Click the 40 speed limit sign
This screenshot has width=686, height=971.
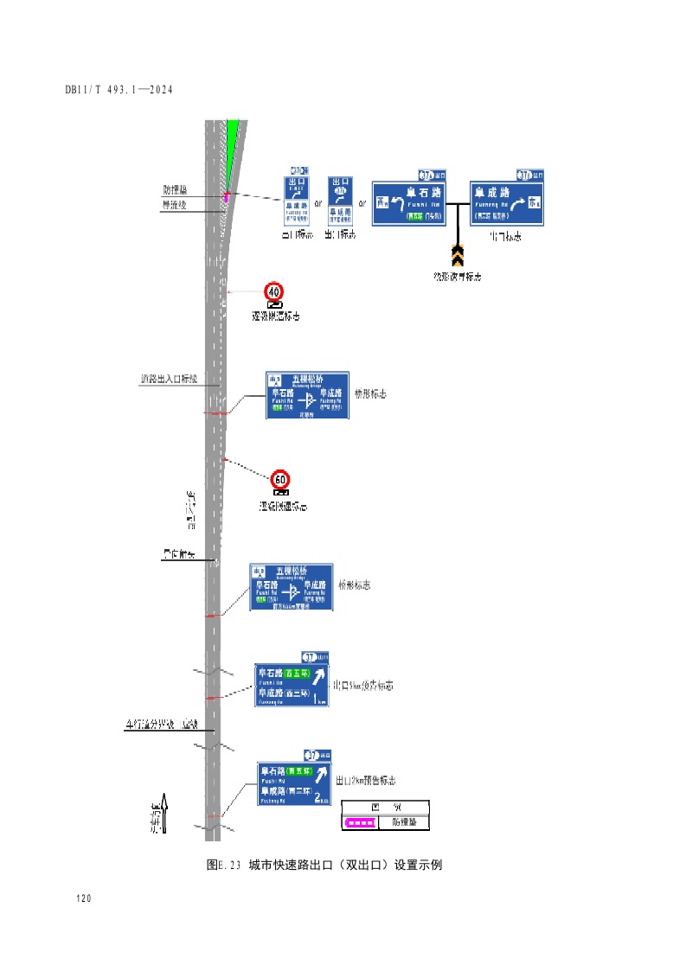click(274, 291)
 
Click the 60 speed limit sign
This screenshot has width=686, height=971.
click(280, 479)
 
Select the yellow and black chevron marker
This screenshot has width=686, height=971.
click(458, 255)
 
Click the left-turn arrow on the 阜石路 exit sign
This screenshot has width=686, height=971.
click(398, 204)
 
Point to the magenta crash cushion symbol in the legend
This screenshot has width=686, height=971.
click(360, 823)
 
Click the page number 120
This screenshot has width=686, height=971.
click(84, 899)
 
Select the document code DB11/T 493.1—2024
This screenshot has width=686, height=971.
click(120, 90)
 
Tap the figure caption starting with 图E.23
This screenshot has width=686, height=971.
click(324, 865)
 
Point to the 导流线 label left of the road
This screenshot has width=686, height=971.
click(175, 205)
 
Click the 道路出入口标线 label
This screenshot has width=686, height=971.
click(170, 379)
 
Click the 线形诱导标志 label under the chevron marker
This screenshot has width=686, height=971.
click(458, 277)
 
